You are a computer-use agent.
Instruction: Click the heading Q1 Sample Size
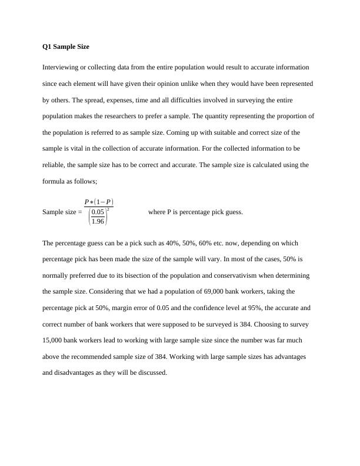[66, 46]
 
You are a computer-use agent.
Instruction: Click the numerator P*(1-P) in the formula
[99, 202]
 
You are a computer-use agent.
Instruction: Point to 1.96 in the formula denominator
[98, 221]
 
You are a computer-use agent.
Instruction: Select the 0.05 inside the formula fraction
[98, 212]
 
